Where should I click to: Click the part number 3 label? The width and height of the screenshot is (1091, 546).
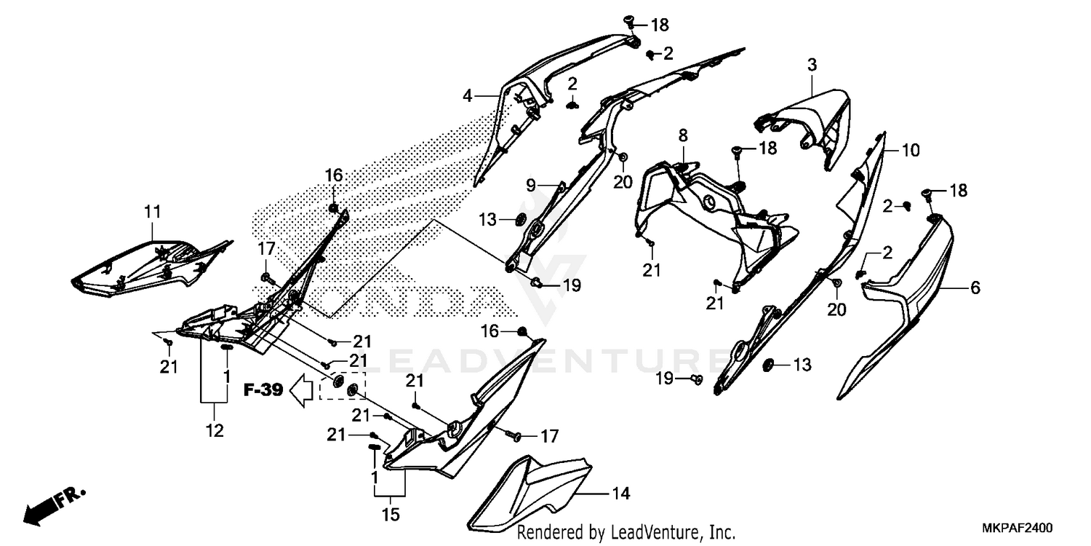tap(812, 64)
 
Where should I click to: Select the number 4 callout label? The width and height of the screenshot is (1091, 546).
tap(468, 96)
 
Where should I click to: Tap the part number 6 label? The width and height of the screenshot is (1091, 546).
tap(975, 288)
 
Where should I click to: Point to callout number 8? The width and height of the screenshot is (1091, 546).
tap(684, 135)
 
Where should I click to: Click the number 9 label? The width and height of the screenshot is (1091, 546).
tap(531, 185)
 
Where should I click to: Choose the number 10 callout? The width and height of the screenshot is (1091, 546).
tap(911, 150)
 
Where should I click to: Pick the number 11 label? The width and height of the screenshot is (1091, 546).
tap(153, 212)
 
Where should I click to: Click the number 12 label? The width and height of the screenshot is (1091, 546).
tap(215, 430)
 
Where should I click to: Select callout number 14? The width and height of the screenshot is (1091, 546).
tap(620, 494)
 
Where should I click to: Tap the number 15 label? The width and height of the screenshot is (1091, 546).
tap(391, 514)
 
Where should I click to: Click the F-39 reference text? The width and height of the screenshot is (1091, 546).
tap(263, 390)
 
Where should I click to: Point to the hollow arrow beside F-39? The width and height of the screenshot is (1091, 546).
tap(302, 390)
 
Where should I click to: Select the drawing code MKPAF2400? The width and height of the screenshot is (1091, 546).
tap(1017, 528)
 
